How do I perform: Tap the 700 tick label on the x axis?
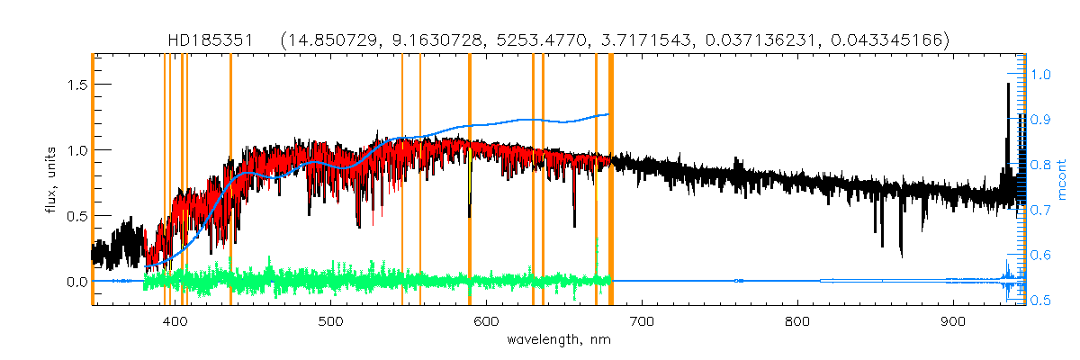point(642,321)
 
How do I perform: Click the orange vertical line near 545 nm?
point(401,180)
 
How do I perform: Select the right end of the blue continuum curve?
point(609,114)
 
